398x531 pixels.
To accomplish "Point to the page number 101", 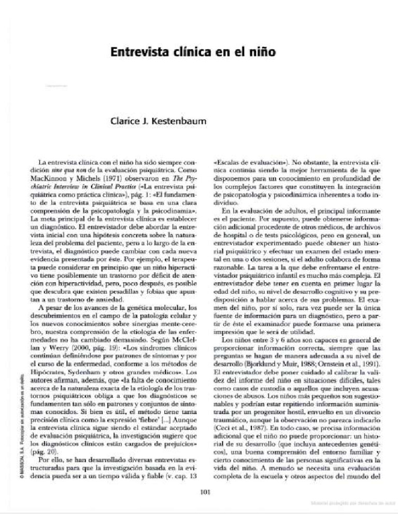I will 204,493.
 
